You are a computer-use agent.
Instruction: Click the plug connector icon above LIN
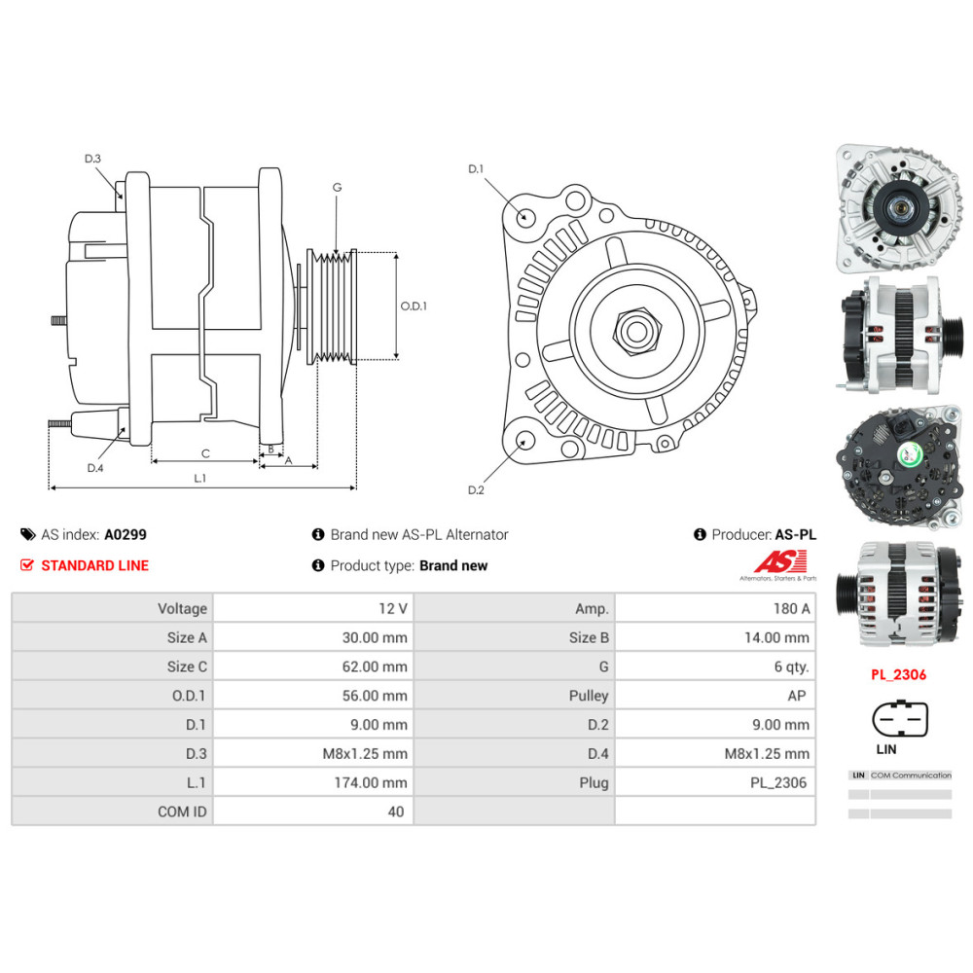click(899, 721)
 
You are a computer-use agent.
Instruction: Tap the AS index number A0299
click(126, 534)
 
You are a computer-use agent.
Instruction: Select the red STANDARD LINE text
click(94, 565)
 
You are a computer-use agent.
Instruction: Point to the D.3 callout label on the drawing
click(92, 159)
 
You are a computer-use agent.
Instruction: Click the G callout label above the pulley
click(337, 187)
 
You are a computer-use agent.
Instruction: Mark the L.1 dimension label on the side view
click(200, 478)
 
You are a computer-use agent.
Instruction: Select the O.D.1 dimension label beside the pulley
click(414, 306)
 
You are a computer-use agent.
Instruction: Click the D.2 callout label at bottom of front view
click(475, 489)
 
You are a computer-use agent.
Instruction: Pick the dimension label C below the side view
click(205, 453)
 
